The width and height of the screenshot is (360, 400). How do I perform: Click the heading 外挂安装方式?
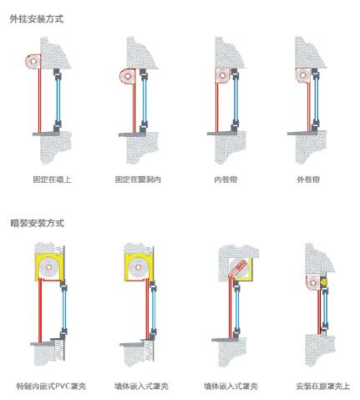pos(37,19)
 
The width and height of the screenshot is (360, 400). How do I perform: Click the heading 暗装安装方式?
pos(38,223)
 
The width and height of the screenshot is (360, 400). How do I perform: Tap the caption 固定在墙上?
pos(53,180)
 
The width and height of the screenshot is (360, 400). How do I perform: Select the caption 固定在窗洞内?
pos(138,180)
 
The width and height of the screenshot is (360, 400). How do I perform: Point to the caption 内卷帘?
pos(226,180)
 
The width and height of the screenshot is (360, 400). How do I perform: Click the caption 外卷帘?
pos(308,180)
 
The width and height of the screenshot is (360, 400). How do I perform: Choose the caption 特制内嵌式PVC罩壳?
pos(51,386)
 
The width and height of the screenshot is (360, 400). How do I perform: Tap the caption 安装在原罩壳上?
pos(323,386)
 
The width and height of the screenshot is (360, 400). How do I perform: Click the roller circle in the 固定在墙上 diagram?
pos(33,61)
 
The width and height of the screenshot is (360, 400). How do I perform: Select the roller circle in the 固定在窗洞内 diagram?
pos(128,76)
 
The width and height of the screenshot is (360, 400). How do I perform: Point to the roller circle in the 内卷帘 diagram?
pos(222,75)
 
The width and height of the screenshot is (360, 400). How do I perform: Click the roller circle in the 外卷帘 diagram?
pos(303,75)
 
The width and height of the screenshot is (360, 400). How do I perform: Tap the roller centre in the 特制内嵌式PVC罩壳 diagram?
pos(49,267)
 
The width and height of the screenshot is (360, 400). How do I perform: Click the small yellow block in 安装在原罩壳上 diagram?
pos(323,283)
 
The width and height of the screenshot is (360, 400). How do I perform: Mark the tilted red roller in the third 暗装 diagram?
pos(239,268)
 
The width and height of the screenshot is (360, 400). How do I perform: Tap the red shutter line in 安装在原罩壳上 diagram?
pos(319,311)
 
